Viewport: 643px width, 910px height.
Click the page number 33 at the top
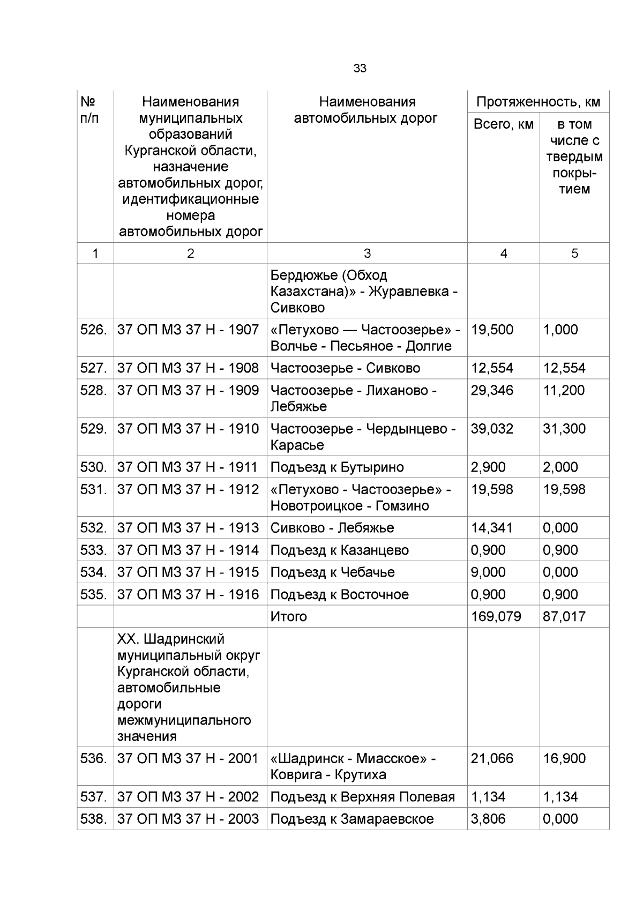pos(360,69)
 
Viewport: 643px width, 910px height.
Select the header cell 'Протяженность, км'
pos(538,102)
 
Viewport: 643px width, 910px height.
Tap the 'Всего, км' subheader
pos(503,124)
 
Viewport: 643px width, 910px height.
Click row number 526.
pos(94,330)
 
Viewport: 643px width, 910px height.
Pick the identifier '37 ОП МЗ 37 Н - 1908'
pos(188,368)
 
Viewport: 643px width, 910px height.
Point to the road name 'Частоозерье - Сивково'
pos(345,368)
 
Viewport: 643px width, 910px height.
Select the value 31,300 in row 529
pos(564,429)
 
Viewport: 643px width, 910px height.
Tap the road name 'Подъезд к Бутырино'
pos(337,467)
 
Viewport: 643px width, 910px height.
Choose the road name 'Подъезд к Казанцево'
pos(339,550)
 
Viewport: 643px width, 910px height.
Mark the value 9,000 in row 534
pos(488,572)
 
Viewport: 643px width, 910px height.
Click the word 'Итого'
pos(288,617)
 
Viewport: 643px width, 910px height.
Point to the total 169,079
pos(496,617)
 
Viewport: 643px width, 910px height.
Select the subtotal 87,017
pos(564,617)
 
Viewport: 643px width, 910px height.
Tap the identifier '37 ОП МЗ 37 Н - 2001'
pos(188,758)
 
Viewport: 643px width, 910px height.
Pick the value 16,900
pos(564,758)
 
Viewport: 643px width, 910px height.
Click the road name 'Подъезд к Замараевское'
pos(352,819)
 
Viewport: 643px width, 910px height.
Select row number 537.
pos(94,797)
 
